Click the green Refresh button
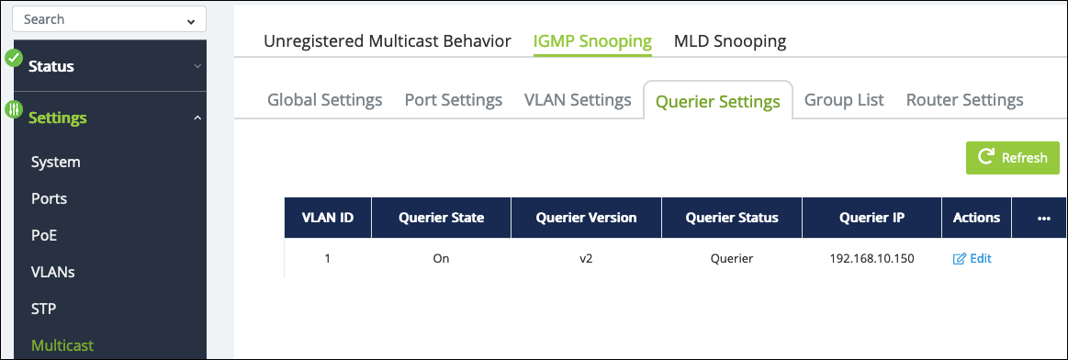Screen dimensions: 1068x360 pyautogui.click(x=1012, y=158)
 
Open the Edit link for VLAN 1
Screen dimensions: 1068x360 pyautogui.click(x=972, y=259)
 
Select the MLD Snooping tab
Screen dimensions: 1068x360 pyautogui.click(x=730, y=41)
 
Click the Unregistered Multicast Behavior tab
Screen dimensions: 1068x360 pyautogui.click(x=387, y=41)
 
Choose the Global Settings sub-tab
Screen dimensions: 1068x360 pyautogui.click(x=325, y=100)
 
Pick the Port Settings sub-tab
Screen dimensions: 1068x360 pyautogui.click(x=454, y=100)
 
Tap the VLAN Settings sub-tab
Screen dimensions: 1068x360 pyautogui.click(x=578, y=100)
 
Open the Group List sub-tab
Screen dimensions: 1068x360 pyautogui.click(x=844, y=100)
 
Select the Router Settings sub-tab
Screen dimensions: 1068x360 pyautogui.click(x=964, y=100)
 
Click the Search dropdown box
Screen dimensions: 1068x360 pyautogui.click(x=109, y=19)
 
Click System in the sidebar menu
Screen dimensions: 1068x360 pyautogui.click(x=56, y=162)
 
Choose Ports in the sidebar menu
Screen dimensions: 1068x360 pyautogui.click(x=49, y=198)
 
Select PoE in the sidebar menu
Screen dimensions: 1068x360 pyautogui.click(x=44, y=235)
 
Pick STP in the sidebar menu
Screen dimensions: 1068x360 pyautogui.click(x=43, y=309)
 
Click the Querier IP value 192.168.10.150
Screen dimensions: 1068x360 pyautogui.click(x=871, y=259)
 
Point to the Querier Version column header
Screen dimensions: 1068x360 pyautogui.click(x=587, y=218)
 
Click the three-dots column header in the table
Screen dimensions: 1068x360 pyautogui.click(x=1043, y=218)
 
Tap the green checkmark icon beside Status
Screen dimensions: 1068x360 pyautogui.click(x=15, y=58)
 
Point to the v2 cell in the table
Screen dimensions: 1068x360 pyautogui.click(x=586, y=259)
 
